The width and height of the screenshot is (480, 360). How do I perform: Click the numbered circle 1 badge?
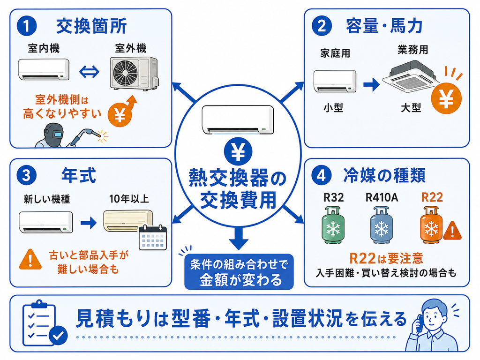[27, 26]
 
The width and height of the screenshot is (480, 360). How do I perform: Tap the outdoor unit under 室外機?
[134, 73]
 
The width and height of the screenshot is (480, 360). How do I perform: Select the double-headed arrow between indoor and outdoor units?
[89, 72]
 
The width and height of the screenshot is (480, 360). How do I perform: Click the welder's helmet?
[54, 135]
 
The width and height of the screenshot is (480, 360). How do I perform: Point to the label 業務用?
[412, 50]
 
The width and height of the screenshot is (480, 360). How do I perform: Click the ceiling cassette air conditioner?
[411, 76]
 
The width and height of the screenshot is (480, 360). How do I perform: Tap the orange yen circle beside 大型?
[446, 98]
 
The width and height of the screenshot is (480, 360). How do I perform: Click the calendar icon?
[153, 238]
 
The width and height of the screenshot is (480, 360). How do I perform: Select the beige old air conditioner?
[127, 220]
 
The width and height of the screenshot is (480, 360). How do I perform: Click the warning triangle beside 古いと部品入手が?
[30, 260]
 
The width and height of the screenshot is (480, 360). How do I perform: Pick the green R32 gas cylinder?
[333, 225]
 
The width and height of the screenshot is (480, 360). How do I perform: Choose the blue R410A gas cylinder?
[382, 225]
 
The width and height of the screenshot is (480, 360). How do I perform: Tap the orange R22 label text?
[432, 197]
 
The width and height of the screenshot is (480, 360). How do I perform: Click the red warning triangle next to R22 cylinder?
[452, 230]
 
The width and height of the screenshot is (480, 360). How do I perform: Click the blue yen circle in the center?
[238, 152]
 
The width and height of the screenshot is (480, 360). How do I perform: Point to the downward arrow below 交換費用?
[239, 238]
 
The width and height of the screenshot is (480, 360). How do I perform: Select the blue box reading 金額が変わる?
[239, 272]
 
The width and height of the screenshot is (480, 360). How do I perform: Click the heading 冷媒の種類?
[384, 176]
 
